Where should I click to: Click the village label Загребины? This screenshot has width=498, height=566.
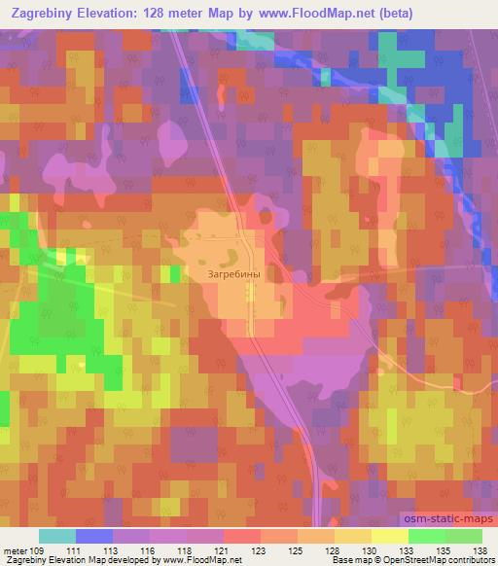(x=234, y=274)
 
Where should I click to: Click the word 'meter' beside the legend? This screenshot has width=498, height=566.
(x=17, y=550)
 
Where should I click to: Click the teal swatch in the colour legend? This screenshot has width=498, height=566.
(x=57, y=536)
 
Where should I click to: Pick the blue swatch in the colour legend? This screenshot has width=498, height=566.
(x=94, y=536)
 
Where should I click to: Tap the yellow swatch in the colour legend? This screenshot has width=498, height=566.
(x=389, y=536)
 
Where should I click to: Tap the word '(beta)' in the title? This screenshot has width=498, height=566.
(x=391, y=14)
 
